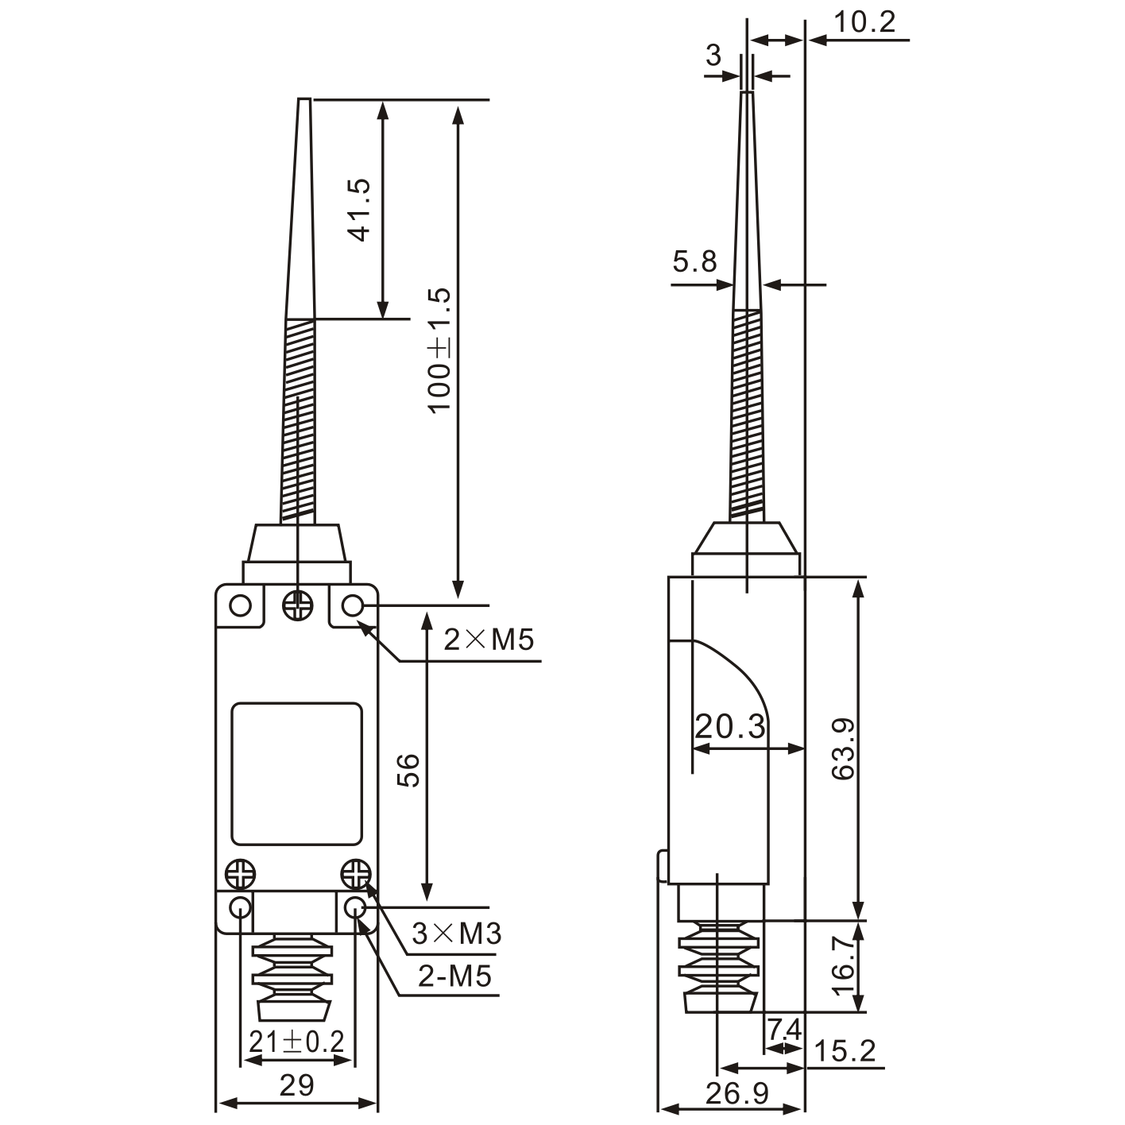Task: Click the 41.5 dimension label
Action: pyautogui.click(x=360, y=209)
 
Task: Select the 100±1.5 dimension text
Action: pyautogui.click(x=439, y=350)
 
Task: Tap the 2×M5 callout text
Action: pyautogui.click(x=489, y=639)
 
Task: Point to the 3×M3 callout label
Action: pyautogui.click(x=457, y=933)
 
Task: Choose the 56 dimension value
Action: pyautogui.click(x=408, y=770)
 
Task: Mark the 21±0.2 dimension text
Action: pyautogui.click(x=296, y=1042)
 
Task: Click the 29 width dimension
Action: pyautogui.click(x=296, y=1085)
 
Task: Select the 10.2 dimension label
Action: pyautogui.click(x=864, y=22)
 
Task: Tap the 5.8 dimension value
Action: pyautogui.click(x=694, y=261)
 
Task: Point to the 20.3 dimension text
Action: pyautogui.click(x=730, y=726)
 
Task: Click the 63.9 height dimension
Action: pyautogui.click(x=844, y=748)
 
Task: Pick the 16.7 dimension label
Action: pyautogui.click(x=844, y=965)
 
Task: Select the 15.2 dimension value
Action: pyautogui.click(x=845, y=1051)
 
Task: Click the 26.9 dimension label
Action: pyautogui.click(x=737, y=1094)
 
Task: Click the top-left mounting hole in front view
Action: pyautogui.click(x=240, y=607)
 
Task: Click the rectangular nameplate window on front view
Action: pyautogui.click(x=296, y=773)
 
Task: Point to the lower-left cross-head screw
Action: pyautogui.click(x=239, y=875)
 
